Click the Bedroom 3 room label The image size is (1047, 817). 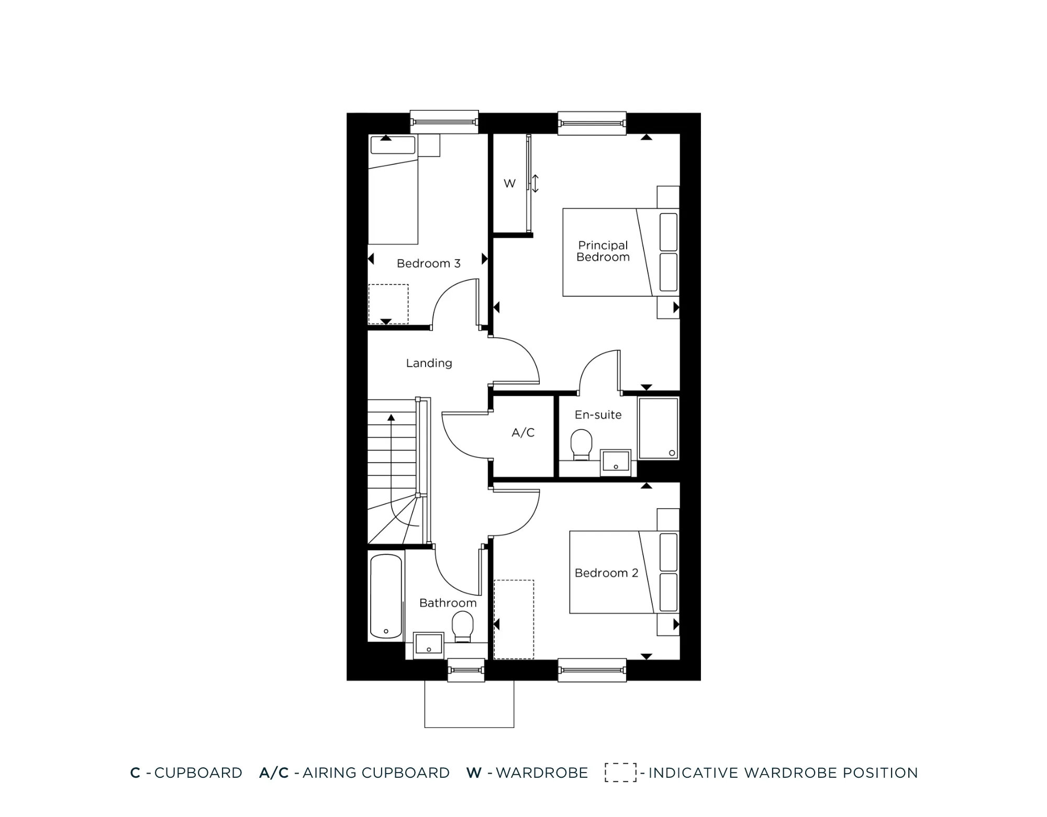coord(428,263)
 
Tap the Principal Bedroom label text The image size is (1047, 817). coord(603,251)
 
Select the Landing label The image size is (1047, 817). coord(429,363)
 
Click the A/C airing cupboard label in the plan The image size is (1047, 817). coord(523,432)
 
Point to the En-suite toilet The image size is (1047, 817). coord(581,444)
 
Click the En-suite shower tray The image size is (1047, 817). coord(658,428)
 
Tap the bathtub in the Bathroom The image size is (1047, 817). coord(386,596)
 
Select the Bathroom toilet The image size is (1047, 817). coord(462,626)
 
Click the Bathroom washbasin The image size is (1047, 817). coord(429,645)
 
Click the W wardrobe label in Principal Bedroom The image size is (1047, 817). coord(509,184)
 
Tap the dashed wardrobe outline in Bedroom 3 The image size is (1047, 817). coord(388,304)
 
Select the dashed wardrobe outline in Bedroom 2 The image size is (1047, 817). coord(514,619)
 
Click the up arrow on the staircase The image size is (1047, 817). coord(391,419)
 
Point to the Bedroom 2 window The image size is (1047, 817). coord(592,670)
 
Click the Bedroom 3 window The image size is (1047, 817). coord(444,122)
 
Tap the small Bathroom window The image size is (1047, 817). coord(466,670)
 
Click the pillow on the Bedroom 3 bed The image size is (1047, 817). coord(393,145)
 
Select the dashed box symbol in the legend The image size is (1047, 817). coord(620,773)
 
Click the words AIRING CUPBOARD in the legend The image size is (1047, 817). coord(376,773)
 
